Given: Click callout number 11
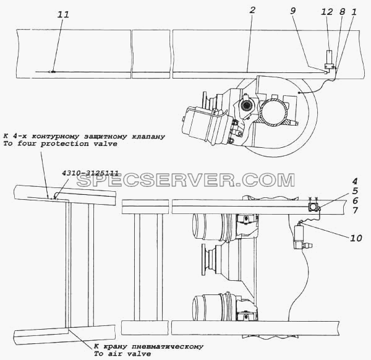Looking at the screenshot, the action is tap(63, 14).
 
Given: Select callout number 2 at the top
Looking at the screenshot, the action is tap(252, 10).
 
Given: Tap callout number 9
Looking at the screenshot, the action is tap(293, 11).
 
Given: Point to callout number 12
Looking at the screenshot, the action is tap(327, 12).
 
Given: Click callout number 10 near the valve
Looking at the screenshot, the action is tap(356, 238).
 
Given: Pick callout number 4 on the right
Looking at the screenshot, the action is tap(354, 181).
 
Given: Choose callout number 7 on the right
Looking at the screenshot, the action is tap(354, 210).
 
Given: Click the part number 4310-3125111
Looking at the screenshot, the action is tap(90, 173).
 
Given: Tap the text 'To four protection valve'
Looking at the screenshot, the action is tap(60, 144).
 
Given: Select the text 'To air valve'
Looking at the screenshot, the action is tap(122, 354).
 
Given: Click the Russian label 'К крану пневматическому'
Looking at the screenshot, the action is tap(148, 346).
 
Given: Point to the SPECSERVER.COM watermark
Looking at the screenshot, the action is tap(185, 180).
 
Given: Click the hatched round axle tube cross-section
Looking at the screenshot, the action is tap(275, 113).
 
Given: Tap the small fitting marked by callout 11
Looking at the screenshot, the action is tap(53, 72).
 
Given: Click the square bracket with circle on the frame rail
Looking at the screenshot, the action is tap(313, 207).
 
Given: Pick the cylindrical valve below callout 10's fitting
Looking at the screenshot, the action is tap(299, 237).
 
